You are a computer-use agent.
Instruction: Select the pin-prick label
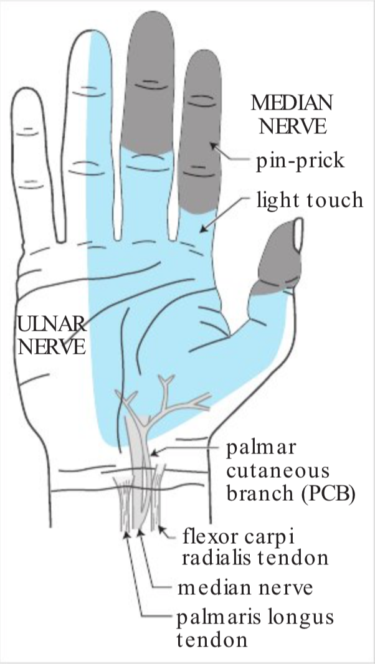pyautogui.click(x=299, y=161)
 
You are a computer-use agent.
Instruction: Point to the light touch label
pyautogui.click(x=310, y=200)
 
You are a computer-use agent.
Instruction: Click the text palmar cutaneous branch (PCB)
pyautogui.click(x=290, y=472)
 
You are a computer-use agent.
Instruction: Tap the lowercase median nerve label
pyautogui.click(x=244, y=587)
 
